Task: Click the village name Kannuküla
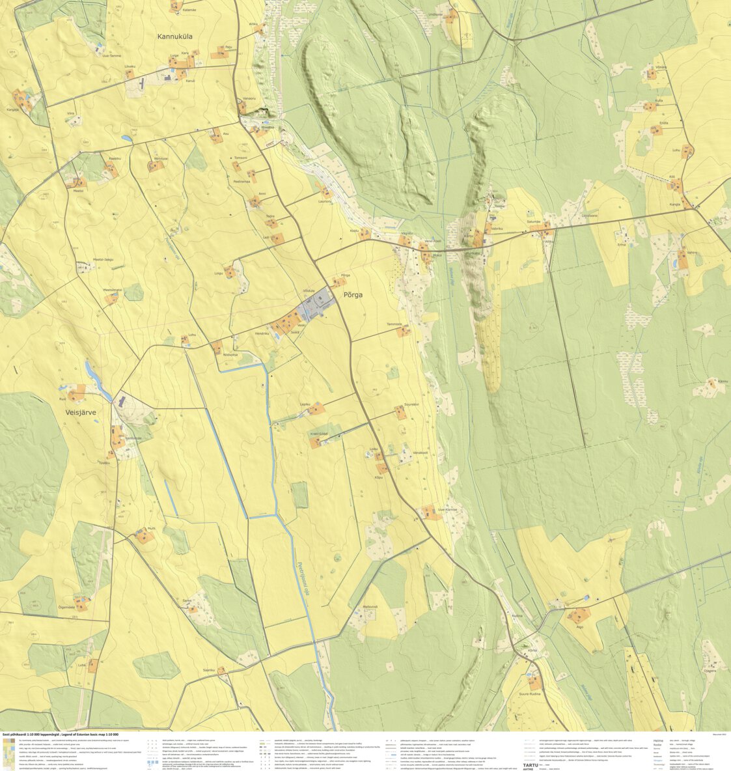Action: (183, 38)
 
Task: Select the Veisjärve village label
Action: (80, 412)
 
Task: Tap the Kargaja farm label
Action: (13, 109)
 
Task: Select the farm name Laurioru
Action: (325, 202)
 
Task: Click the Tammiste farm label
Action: (395, 324)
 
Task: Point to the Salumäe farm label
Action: (534, 222)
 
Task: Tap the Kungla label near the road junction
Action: (674, 204)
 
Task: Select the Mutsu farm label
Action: (152, 529)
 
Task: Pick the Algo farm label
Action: (579, 626)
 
